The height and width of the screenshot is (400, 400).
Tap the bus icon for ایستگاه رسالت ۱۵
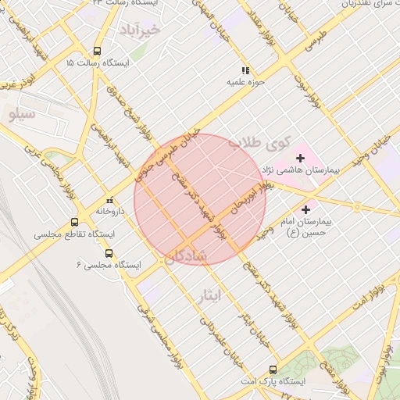[96, 48]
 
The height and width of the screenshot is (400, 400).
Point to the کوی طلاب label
[259, 143]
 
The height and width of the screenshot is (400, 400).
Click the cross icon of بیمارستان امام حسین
[305, 209]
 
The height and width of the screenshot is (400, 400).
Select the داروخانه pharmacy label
[111, 211]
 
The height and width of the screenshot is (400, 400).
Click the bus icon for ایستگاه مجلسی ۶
[108, 253]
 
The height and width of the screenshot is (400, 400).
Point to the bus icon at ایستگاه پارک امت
[272, 369]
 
